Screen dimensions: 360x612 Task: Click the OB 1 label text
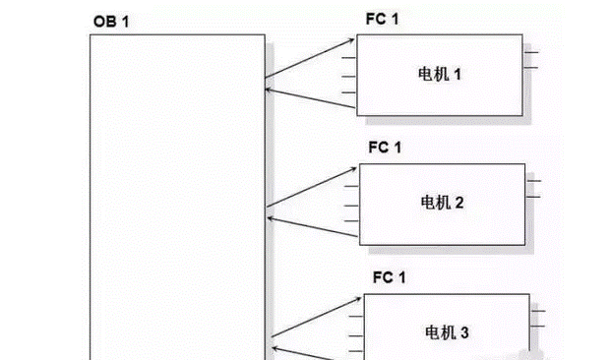111,22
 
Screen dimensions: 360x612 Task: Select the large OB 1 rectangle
178,197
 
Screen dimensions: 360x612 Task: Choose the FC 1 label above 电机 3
389,278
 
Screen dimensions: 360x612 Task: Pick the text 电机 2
443,204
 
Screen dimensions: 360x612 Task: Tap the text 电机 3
449,333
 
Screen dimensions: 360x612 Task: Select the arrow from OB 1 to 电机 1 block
310,58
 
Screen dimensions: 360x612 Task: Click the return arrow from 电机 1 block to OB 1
310,95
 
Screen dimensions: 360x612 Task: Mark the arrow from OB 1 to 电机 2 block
313,189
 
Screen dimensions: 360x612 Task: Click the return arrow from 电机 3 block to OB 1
317,351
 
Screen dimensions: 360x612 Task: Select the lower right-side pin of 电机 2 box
534,197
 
